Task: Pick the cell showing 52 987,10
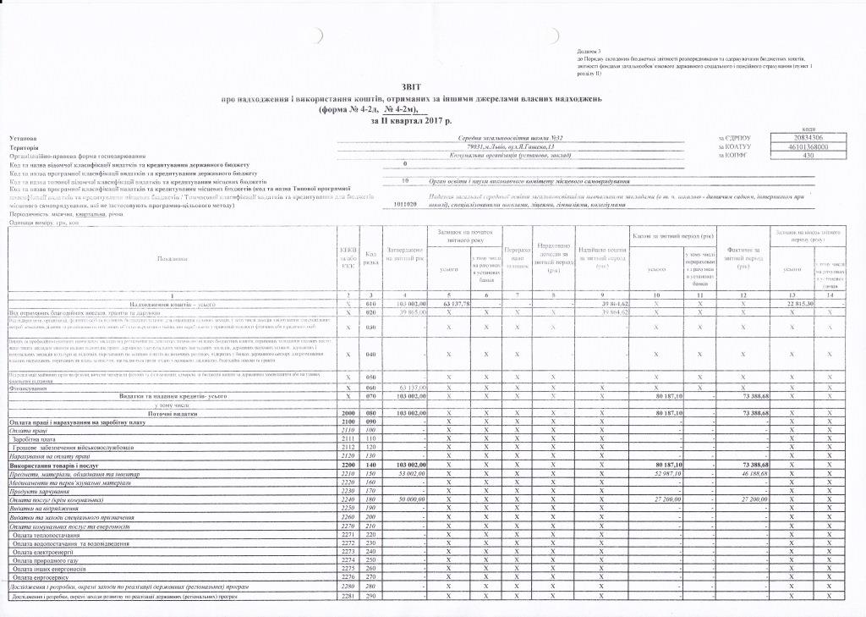coord(669,475)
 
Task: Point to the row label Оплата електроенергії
coord(41,551)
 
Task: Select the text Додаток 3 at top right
coord(588,52)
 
